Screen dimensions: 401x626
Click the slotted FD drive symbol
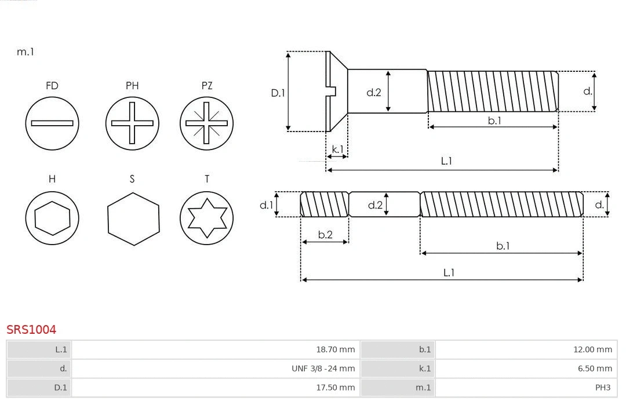[52, 123]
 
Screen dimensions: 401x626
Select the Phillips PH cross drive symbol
[132, 123]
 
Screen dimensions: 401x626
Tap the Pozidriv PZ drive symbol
[206, 123]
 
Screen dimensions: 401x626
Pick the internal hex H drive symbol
[52, 218]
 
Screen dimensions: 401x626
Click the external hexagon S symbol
[133, 218]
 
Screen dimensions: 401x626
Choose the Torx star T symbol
[206, 218]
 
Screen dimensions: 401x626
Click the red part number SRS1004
[31, 330]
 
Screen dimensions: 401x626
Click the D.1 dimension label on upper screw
[278, 92]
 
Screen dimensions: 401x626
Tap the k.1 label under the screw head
[337, 149]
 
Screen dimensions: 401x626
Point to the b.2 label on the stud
[325, 235]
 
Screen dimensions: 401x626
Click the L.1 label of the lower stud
[449, 272]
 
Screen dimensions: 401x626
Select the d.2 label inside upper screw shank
[374, 92]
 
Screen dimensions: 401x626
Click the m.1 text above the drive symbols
[26, 52]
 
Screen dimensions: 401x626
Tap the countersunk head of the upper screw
[336, 91]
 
